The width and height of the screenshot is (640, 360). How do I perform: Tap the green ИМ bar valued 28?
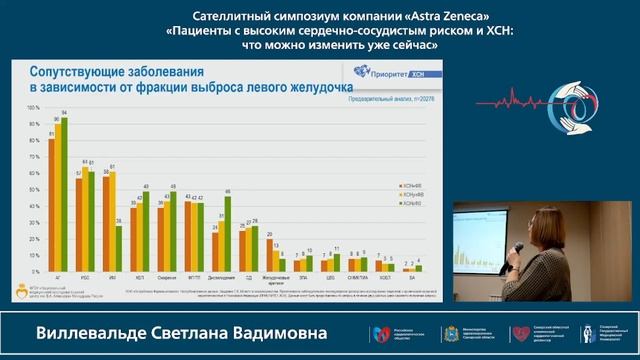point(120,250)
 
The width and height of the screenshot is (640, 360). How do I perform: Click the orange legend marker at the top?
point(399,186)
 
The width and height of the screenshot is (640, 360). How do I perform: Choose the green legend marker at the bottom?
point(399,203)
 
